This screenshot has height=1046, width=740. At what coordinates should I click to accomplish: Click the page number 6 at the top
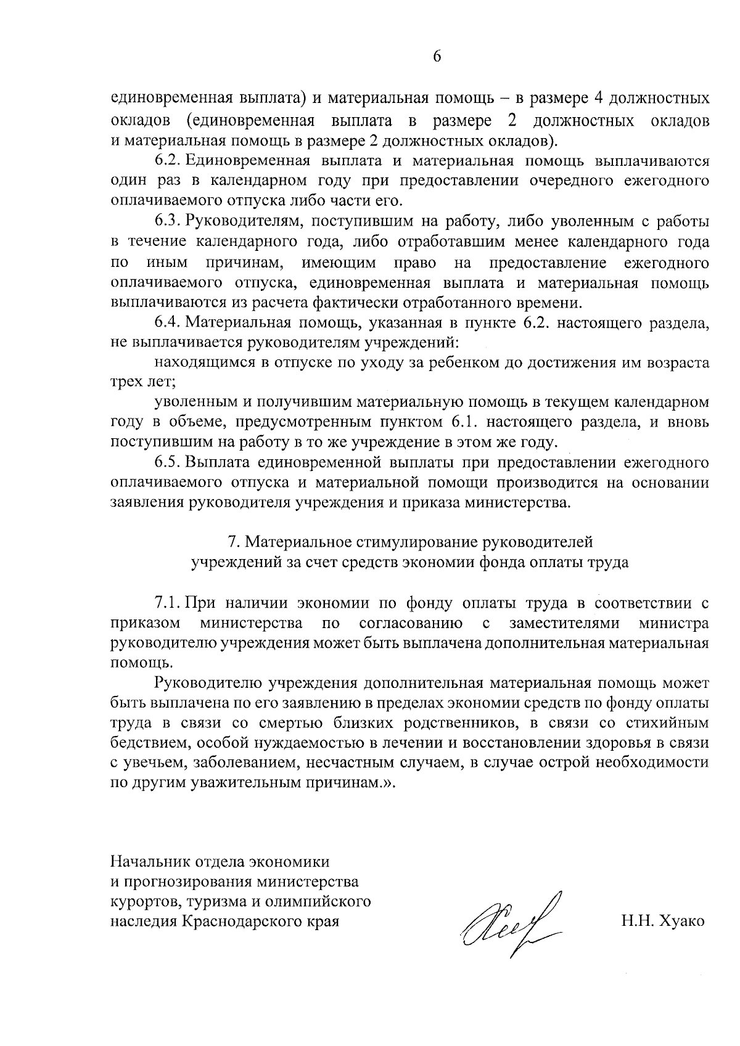tap(437, 56)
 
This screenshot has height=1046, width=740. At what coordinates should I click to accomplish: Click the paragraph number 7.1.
tap(166, 602)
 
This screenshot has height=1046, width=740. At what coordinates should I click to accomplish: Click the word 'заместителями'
tap(564, 623)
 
